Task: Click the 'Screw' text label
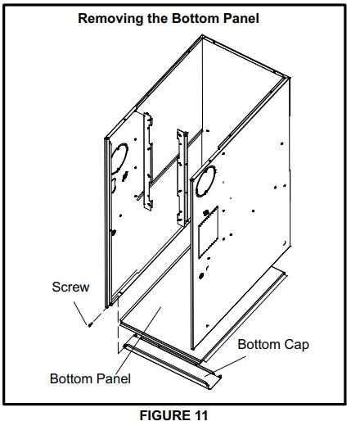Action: (70, 287)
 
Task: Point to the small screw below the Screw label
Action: (90, 323)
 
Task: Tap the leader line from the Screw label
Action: (82, 307)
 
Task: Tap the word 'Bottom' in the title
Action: (192, 17)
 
